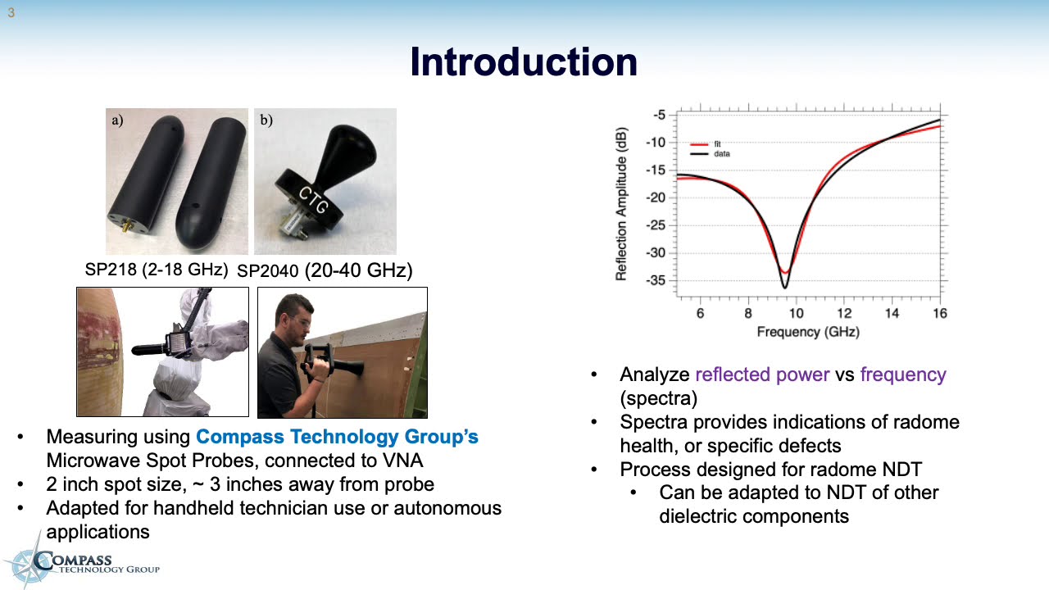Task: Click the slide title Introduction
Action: [524, 62]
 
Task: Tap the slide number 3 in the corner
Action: [11, 13]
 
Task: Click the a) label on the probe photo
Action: [117, 120]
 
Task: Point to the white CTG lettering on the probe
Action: [312, 200]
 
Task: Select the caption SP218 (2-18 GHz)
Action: [156, 269]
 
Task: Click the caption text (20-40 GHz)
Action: [358, 270]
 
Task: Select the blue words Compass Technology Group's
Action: [337, 437]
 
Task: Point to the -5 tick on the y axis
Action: [659, 115]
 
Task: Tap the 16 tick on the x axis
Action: [939, 313]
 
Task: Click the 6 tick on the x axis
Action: [700, 313]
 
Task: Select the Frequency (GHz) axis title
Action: [808, 332]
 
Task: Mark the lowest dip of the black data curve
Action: [784, 287]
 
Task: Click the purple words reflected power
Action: [762, 374]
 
